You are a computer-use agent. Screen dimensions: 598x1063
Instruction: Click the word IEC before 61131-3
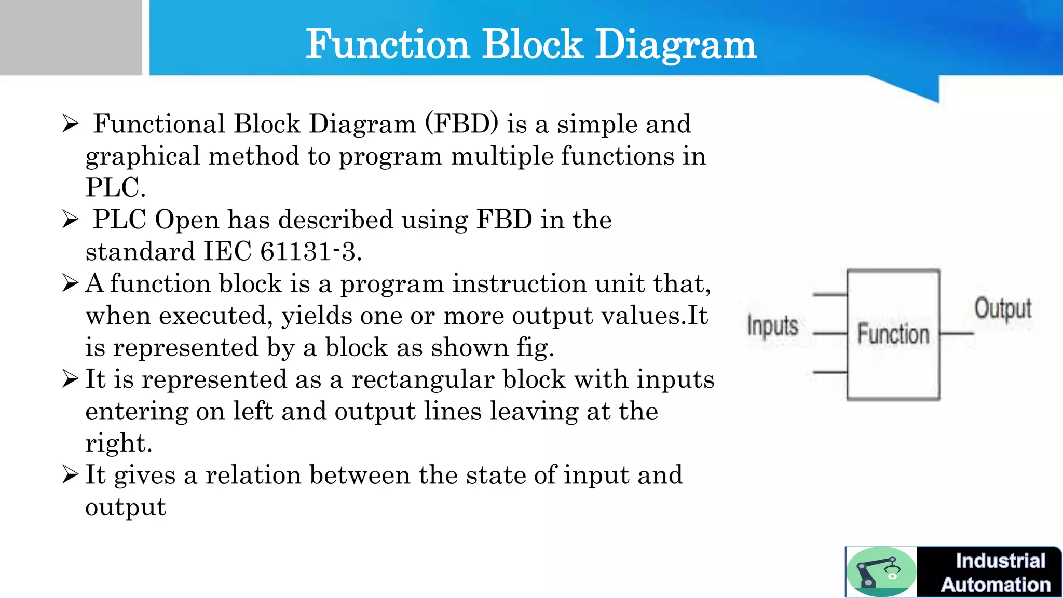coord(227,252)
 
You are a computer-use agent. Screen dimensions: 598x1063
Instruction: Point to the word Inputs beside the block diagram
coord(772,327)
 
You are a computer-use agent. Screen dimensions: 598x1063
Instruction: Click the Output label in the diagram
coord(1002,308)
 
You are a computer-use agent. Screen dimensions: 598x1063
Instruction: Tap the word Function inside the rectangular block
coord(893,333)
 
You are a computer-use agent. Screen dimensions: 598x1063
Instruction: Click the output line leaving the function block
coord(957,333)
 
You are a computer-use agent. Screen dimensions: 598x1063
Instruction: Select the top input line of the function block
coord(829,295)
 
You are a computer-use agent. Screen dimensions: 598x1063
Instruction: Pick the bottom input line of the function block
coord(829,372)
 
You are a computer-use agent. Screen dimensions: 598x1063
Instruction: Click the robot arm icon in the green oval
coord(880,572)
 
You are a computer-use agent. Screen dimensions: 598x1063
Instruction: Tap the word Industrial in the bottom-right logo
coord(1000,561)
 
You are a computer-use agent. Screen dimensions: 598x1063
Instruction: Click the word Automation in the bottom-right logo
coord(996,585)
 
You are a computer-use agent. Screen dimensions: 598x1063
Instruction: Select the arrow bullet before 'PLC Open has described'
coord(70,220)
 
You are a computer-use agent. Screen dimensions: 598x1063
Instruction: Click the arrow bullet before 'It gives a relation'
coord(70,474)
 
